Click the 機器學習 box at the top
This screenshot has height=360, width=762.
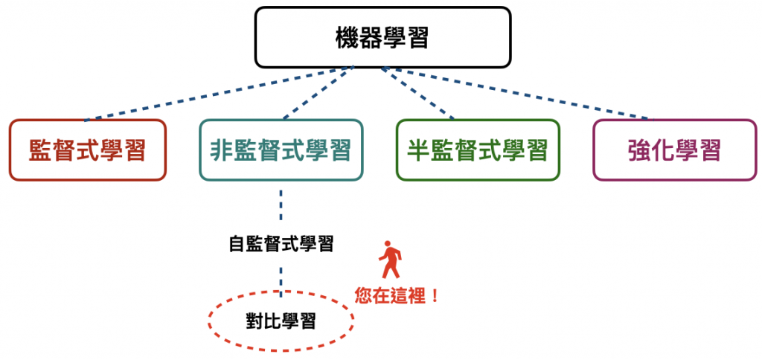point(383,36)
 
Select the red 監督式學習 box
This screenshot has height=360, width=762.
point(87,150)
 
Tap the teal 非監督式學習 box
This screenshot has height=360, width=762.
point(281,150)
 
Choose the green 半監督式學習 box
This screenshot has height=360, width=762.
point(478,150)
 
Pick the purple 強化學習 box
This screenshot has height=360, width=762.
point(674,150)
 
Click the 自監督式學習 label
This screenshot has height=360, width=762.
point(281,244)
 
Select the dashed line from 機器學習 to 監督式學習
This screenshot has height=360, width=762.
point(216,94)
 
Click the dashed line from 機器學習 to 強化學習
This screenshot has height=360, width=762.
point(513,94)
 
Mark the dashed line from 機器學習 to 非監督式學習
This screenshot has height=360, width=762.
point(316,94)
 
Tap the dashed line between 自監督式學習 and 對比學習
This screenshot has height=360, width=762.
point(281,275)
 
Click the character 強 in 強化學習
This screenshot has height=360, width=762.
point(639,150)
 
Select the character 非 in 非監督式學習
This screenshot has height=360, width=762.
point(222,150)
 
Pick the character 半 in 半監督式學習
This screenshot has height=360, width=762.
point(419,150)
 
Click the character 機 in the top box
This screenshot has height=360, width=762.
point(348,37)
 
